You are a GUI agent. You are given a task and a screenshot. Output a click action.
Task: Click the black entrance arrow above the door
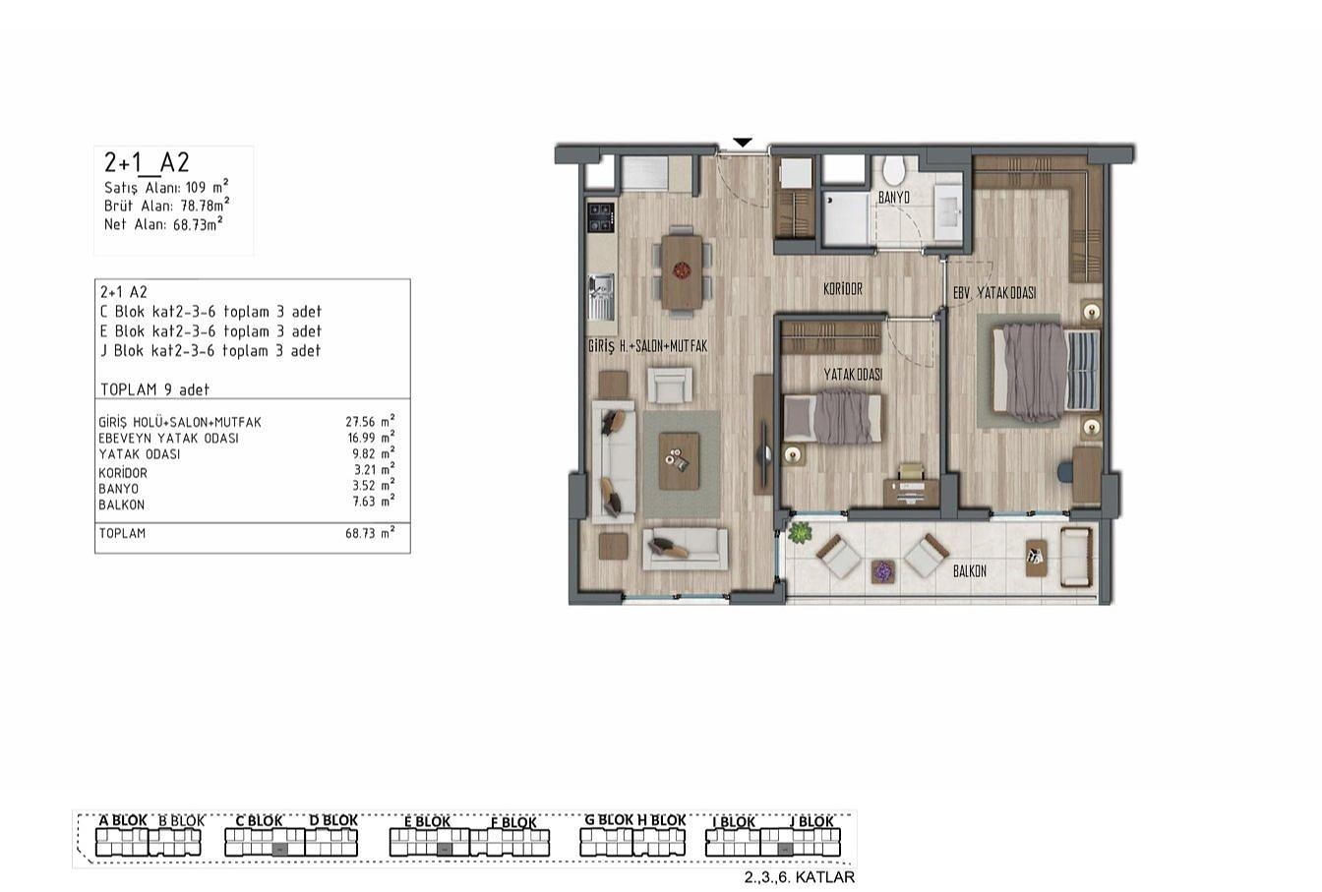pyautogui.click(x=743, y=143)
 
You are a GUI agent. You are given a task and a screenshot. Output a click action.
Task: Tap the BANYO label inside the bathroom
pyautogui.click(x=893, y=198)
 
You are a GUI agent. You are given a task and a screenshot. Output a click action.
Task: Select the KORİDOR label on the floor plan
pyautogui.click(x=843, y=288)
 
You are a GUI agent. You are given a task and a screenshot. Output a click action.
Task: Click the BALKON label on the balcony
pyautogui.click(x=970, y=571)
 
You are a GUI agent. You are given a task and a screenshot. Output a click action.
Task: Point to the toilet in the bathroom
pyautogui.click(x=894, y=170)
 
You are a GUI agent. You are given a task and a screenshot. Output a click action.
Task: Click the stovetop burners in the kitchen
pyautogui.click(x=601, y=217)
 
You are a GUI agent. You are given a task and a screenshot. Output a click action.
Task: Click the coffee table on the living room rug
pyautogui.click(x=680, y=461)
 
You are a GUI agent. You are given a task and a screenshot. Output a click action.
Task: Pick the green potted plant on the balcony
pyautogui.click(x=799, y=533)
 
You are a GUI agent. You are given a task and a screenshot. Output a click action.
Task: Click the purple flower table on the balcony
pyautogui.click(x=883, y=571)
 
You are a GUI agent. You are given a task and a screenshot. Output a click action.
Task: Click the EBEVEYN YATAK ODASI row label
pyautogui.click(x=169, y=439)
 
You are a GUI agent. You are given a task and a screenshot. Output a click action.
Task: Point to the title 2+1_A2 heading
pyautogui.click(x=147, y=162)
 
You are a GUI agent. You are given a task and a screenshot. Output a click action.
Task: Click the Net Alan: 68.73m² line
pyautogui.click(x=163, y=223)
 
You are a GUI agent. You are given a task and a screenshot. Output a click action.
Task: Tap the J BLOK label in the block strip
pyautogui.click(x=811, y=821)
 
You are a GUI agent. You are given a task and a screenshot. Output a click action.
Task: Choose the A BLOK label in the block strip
pyautogui.click(x=123, y=820)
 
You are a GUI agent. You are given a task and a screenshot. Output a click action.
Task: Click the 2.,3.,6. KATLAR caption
pyautogui.click(x=799, y=877)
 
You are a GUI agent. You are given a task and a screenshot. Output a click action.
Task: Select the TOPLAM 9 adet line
pyautogui.click(x=155, y=389)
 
